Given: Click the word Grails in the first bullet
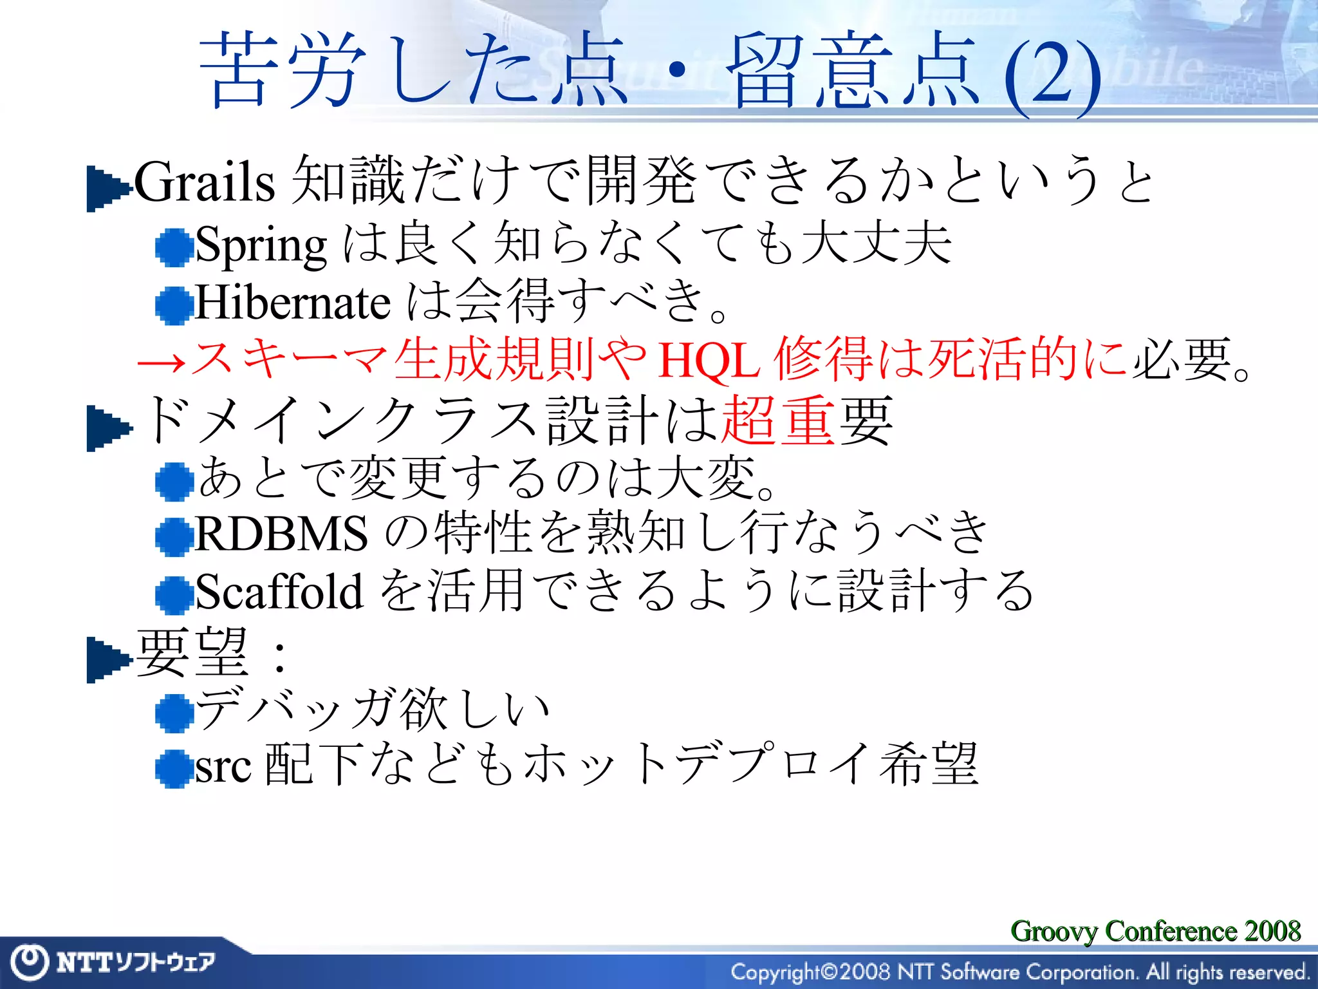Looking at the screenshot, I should (x=205, y=182).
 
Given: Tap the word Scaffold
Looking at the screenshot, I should (x=279, y=591).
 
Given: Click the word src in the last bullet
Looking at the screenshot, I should (x=223, y=768).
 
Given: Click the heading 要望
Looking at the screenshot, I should (x=192, y=652).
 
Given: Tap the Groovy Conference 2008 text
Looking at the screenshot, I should (x=1155, y=931).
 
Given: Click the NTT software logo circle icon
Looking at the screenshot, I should (x=29, y=962).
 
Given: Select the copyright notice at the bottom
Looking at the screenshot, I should (x=1020, y=972).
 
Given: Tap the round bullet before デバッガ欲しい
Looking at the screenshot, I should (x=174, y=713).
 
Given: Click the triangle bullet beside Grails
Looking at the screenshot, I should (x=107, y=188).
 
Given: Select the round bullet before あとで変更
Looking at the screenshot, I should (x=174, y=482).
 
